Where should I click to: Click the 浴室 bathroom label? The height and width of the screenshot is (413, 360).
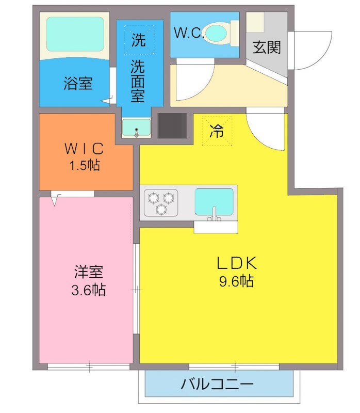coord(78,83)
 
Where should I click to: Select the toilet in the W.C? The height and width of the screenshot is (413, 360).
coord(217,34)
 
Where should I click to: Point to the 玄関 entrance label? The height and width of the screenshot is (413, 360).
coord(267,48)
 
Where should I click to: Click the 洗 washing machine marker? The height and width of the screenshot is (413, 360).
coord(138,41)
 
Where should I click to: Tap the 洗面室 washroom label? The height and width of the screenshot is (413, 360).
coord(138,81)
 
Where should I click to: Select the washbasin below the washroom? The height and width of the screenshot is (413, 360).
coord(136,126)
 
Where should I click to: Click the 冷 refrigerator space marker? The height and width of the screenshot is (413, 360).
coord(217,131)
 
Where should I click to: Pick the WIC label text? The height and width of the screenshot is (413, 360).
coord(85,149)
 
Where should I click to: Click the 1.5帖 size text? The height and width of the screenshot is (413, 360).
coord(85,165)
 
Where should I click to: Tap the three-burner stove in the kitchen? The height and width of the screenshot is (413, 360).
coord(160,202)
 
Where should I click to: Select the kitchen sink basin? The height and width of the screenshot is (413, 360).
coord(214,201)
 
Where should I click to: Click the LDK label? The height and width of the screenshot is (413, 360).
coord(236,263)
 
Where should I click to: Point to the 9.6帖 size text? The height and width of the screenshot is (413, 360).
coord(236,281)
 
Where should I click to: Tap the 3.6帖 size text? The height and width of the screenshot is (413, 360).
coord(88,290)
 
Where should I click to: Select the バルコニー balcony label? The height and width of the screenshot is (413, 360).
coord(217,385)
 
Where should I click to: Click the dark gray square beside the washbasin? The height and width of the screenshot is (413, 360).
coord(172,125)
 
